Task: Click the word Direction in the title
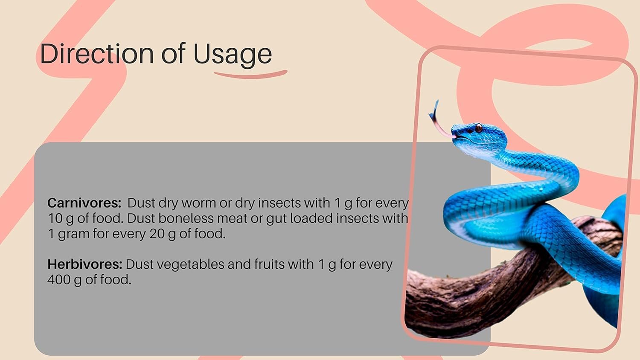[x=97, y=53]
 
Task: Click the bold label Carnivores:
[x=84, y=203]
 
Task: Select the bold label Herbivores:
[x=85, y=264]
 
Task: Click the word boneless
[x=186, y=218]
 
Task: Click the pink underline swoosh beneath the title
[x=251, y=75]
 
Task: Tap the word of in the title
[x=173, y=53]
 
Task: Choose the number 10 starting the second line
[x=55, y=218]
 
